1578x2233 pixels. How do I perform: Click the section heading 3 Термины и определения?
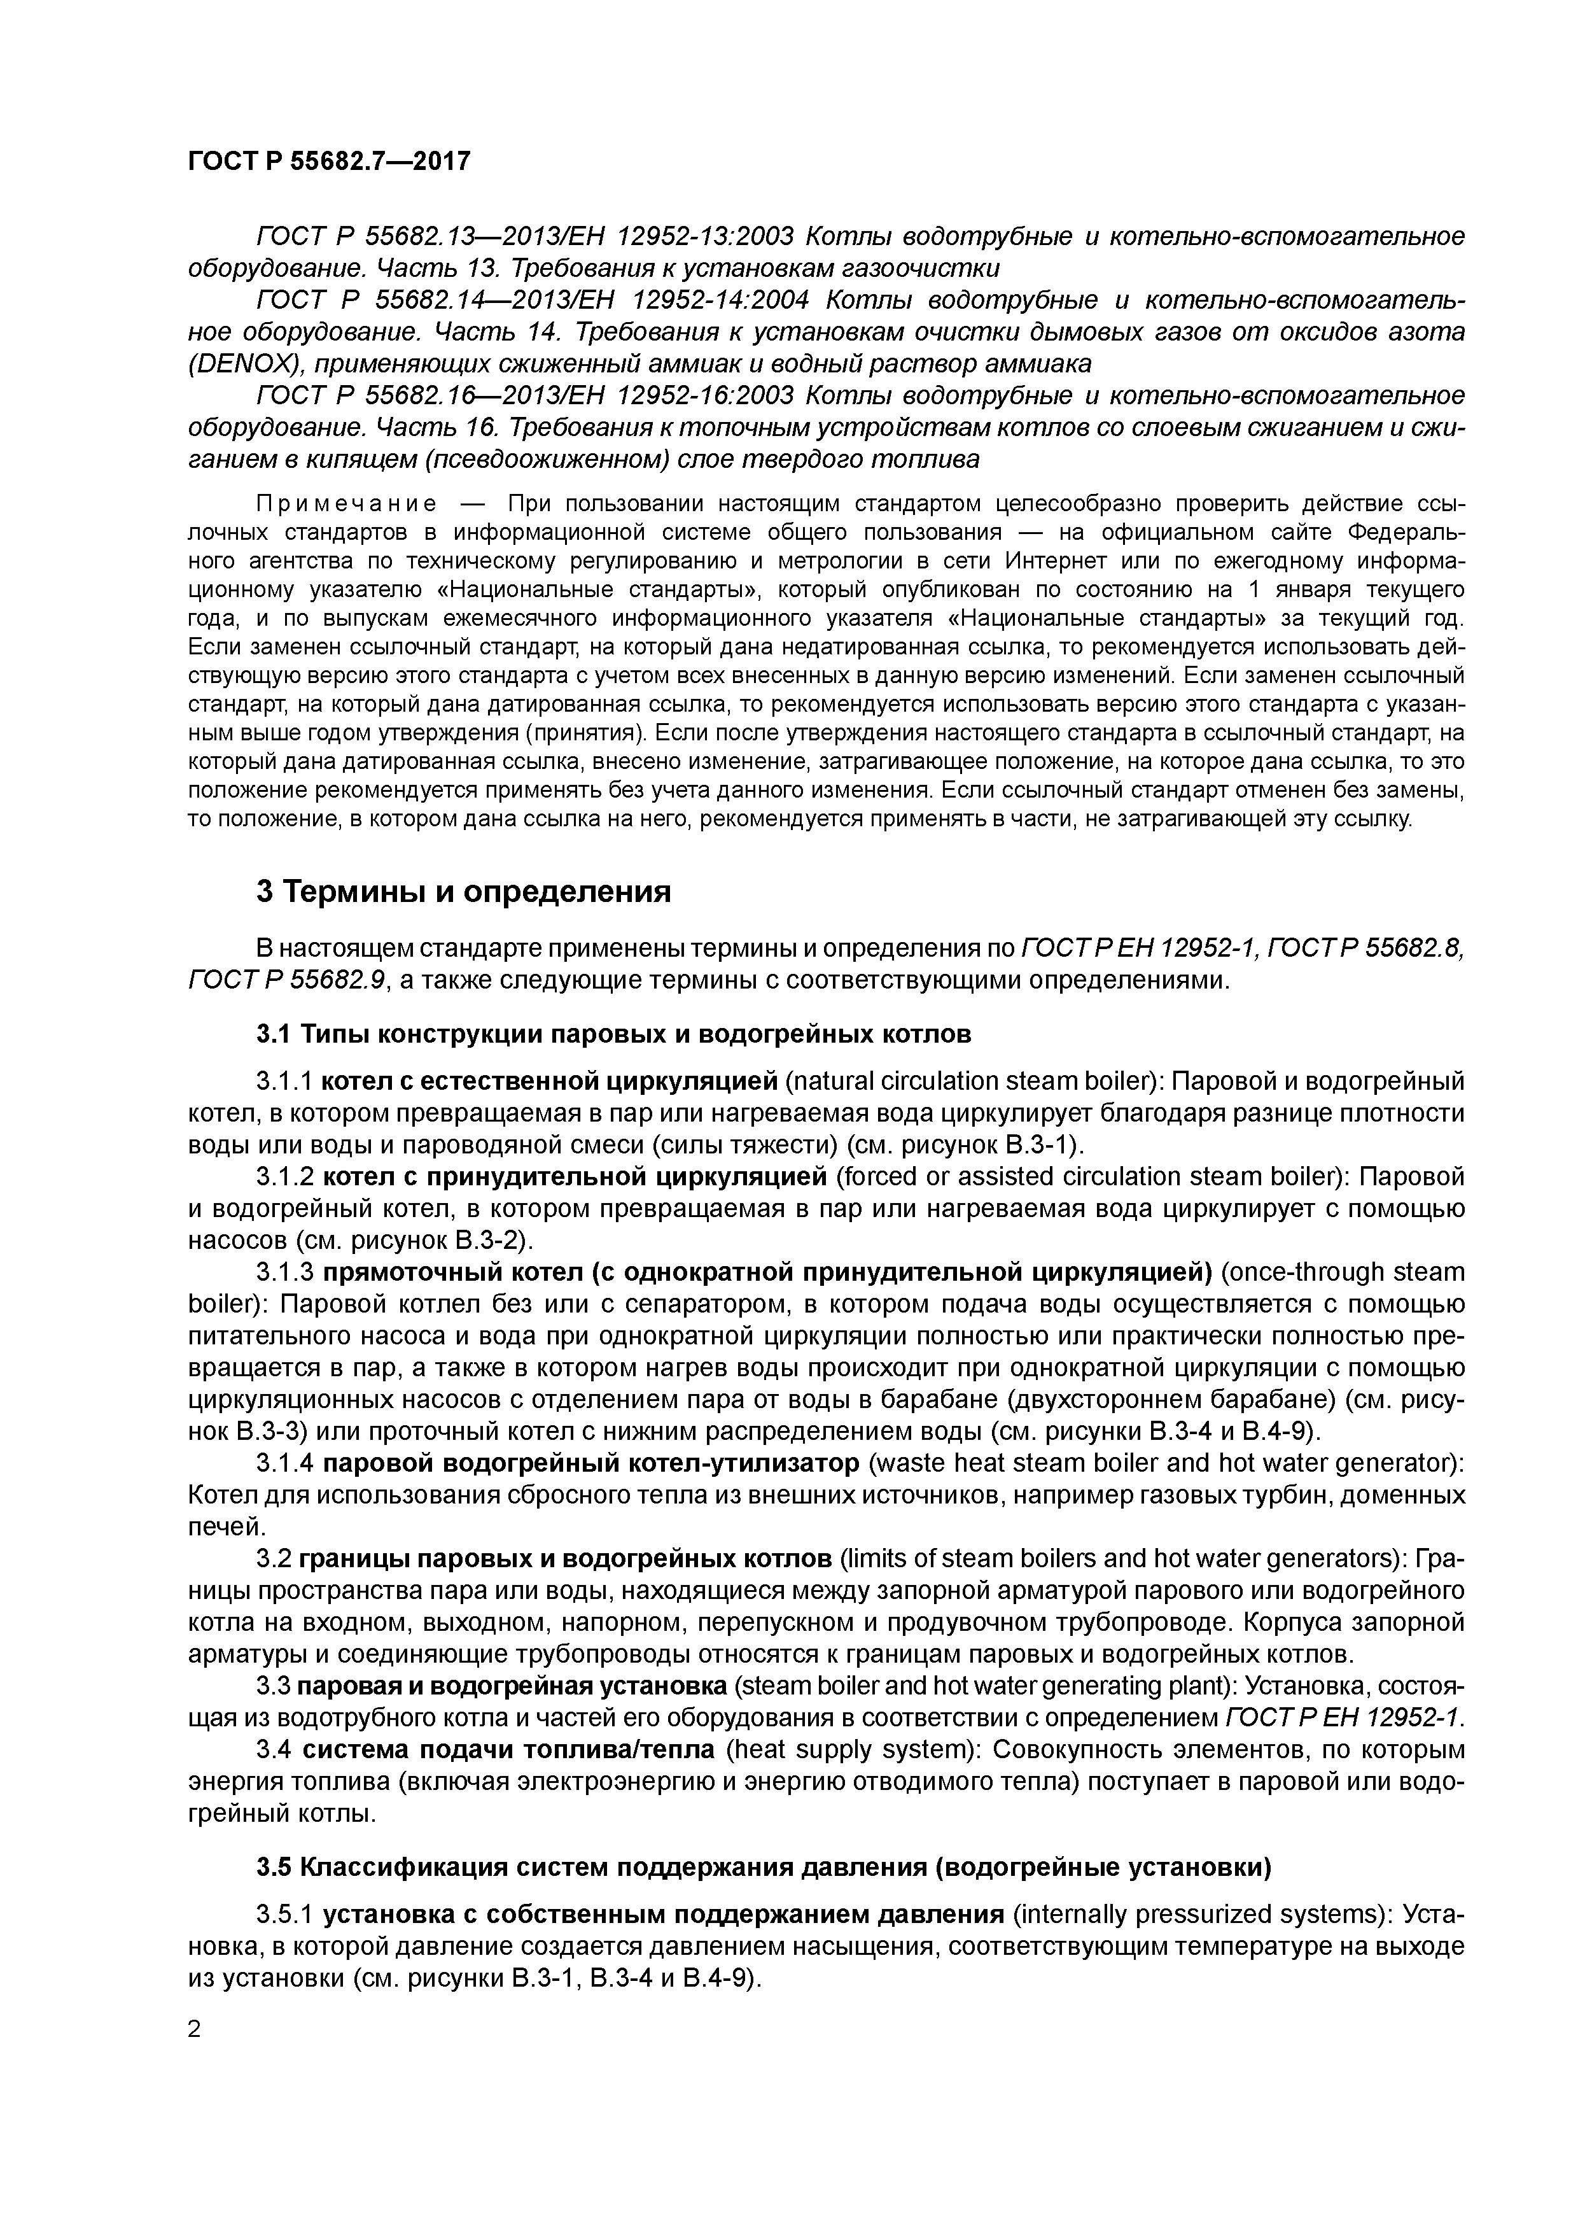[x=463, y=891]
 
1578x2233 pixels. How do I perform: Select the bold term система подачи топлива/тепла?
[x=508, y=1750]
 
